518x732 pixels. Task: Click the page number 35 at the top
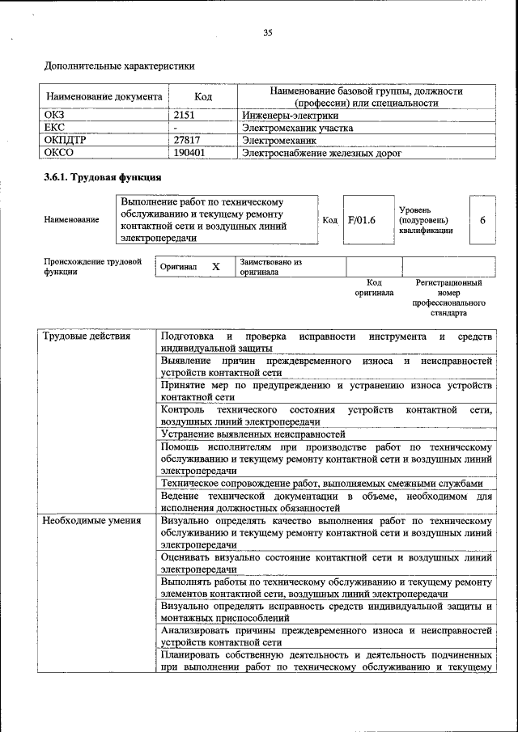pyautogui.click(x=268, y=33)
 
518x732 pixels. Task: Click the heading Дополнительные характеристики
pyautogui.click(x=119, y=65)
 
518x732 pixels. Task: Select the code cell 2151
pyautogui.click(x=185, y=115)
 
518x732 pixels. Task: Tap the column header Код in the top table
pyautogui.click(x=203, y=96)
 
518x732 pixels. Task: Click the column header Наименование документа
pyautogui.click(x=104, y=96)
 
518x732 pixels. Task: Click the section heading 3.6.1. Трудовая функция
pyautogui.click(x=102, y=176)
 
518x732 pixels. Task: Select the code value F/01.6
pyautogui.click(x=362, y=219)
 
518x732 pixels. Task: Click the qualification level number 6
pyautogui.click(x=482, y=219)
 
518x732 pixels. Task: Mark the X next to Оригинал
pyautogui.click(x=215, y=266)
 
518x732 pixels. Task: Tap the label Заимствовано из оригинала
pyautogui.click(x=270, y=267)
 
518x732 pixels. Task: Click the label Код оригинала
pyautogui.click(x=374, y=288)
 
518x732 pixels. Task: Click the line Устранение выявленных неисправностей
pyautogui.click(x=253, y=434)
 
